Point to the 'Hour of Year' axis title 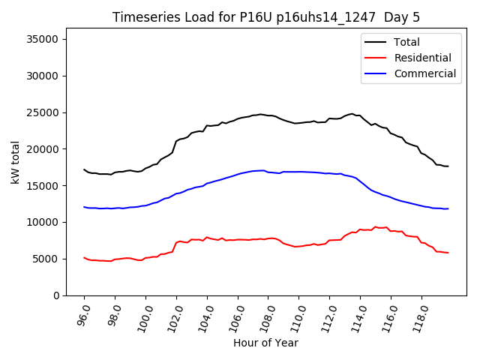click(265, 343)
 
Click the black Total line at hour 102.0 click(176, 140)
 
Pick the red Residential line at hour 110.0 click(299, 246)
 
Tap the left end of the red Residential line click(84, 257)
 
